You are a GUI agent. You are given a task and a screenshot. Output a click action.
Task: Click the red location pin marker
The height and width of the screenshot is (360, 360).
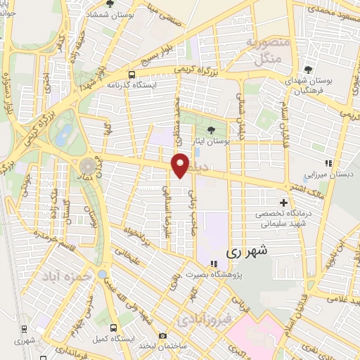(181, 165)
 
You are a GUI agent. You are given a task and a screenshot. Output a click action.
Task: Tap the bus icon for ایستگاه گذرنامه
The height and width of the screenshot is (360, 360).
(131, 75)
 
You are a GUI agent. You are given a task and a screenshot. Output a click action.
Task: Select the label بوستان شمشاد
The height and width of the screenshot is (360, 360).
(110, 14)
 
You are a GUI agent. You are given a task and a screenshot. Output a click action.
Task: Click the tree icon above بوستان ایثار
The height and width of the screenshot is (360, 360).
(211, 129)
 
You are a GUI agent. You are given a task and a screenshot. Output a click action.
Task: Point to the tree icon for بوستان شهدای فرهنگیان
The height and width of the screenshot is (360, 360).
(309, 69)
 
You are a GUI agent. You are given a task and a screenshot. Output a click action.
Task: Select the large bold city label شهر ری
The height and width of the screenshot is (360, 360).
(243, 250)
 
